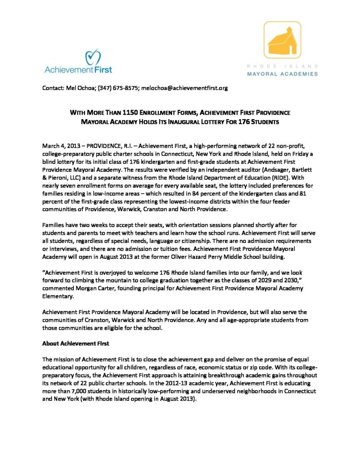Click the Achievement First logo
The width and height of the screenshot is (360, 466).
point(78,63)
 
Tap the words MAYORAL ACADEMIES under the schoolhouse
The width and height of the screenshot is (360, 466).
point(282,73)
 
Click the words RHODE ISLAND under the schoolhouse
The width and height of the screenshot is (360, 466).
point(282,66)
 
